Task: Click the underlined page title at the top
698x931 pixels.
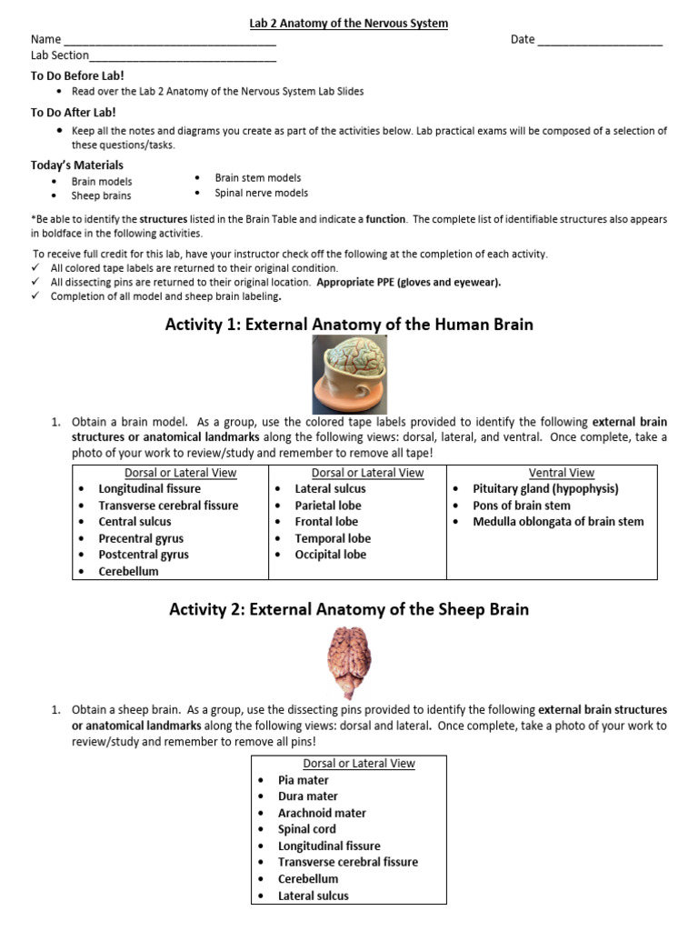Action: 349,23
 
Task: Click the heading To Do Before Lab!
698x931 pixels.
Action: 77,75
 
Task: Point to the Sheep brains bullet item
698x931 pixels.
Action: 101,195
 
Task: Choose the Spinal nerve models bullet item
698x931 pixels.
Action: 261,193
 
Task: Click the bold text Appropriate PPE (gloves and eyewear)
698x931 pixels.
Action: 409,282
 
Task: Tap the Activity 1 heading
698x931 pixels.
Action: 349,325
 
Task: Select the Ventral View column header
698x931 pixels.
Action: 561,473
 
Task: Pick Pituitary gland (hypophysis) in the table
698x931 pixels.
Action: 545,489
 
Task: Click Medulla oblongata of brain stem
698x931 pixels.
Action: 558,522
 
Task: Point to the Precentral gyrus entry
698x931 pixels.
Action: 141,538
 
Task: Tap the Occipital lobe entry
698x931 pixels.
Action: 331,555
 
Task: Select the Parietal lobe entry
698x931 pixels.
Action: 328,506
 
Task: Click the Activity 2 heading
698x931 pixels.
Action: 349,609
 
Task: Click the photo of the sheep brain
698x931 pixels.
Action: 349,664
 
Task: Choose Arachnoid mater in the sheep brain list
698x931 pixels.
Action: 322,813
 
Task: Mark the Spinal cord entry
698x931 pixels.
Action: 306,829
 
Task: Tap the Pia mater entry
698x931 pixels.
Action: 304,780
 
